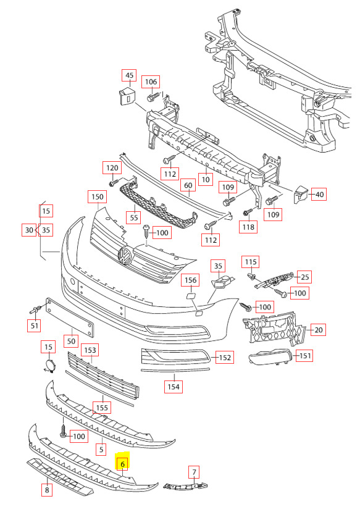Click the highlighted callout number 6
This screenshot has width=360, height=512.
coord(123,464)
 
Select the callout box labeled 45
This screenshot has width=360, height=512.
coord(129,75)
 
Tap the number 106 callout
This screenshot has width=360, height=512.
coord(151,82)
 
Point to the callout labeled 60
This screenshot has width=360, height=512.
coord(188,185)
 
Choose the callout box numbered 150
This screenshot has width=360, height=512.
coord(98,196)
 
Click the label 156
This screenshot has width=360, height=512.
coord(191,280)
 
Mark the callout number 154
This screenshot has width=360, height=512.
coord(174,387)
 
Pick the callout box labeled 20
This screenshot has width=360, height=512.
coord(318,330)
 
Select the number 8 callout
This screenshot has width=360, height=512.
coord(47,490)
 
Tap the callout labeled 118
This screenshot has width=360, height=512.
coord(248,227)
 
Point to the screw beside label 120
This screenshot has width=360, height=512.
coord(115,182)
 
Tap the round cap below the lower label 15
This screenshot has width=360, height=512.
coord(49,366)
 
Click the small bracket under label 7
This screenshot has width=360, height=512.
coord(185,486)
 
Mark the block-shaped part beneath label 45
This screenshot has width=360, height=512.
coord(127,96)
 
